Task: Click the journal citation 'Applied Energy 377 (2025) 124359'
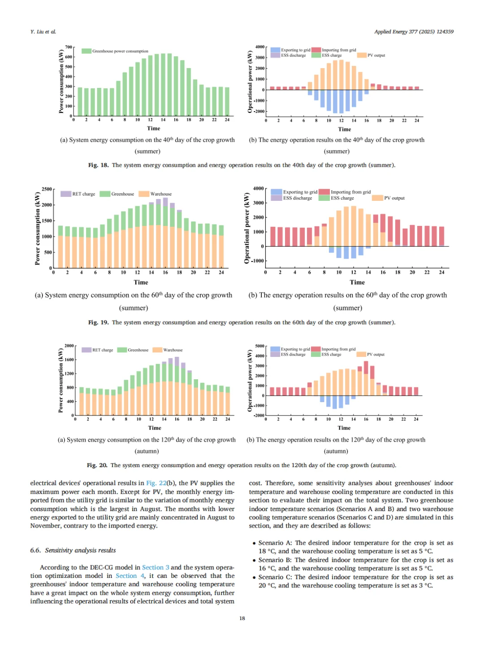tap(414, 32)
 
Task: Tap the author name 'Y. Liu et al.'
tap(43, 32)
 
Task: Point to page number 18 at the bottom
tap(242, 618)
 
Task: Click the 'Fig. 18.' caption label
tap(98, 165)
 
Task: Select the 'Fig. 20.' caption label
tap(97, 465)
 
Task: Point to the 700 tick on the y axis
tap(69, 47)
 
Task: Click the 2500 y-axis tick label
tap(47, 189)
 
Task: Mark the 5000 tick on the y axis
tap(260, 346)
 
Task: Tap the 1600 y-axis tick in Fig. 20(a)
tap(69, 360)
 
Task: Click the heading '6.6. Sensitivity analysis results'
tap(73, 551)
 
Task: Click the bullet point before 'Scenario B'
tap(254, 560)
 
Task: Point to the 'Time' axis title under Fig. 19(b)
tap(357, 282)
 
